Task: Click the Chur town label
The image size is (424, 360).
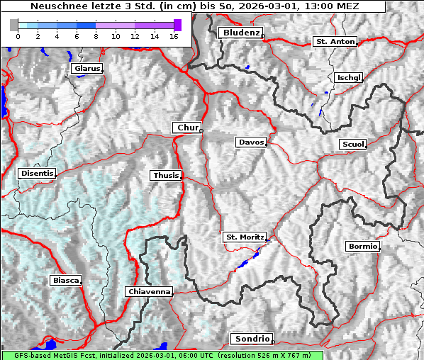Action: (187, 128)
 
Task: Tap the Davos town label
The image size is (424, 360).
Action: (251, 142)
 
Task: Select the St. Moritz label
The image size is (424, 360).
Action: (244, 237)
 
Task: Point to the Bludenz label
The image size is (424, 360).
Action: (240, 33)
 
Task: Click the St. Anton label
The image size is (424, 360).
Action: (335, 42)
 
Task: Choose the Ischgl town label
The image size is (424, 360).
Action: (349, 77)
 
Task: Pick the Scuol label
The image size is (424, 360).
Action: (352, 145)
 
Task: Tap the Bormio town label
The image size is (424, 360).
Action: (362, 247)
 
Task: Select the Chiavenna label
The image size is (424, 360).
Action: (149, 291)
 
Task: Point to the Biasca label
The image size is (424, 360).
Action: (66, 280)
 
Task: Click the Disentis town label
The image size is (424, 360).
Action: (37, 173)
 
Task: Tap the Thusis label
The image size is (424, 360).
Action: (166, 175)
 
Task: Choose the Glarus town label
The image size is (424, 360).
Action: (86, 69)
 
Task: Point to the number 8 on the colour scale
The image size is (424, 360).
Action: (96, 35)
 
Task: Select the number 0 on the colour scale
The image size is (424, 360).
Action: (18, 35)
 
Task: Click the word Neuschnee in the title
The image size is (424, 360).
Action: (57, 6)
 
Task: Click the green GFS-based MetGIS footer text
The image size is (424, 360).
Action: (162, 355)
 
